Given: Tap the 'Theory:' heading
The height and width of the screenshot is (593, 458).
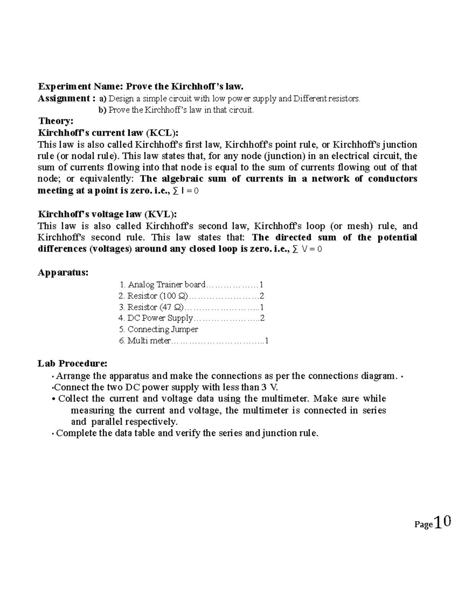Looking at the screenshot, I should [56, 121].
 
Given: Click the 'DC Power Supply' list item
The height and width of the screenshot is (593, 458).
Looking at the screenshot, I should [160, 318].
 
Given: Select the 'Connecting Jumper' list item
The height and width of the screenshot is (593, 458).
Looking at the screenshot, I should [163, 329].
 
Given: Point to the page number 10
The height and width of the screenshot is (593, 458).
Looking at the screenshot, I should [442, 522].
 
